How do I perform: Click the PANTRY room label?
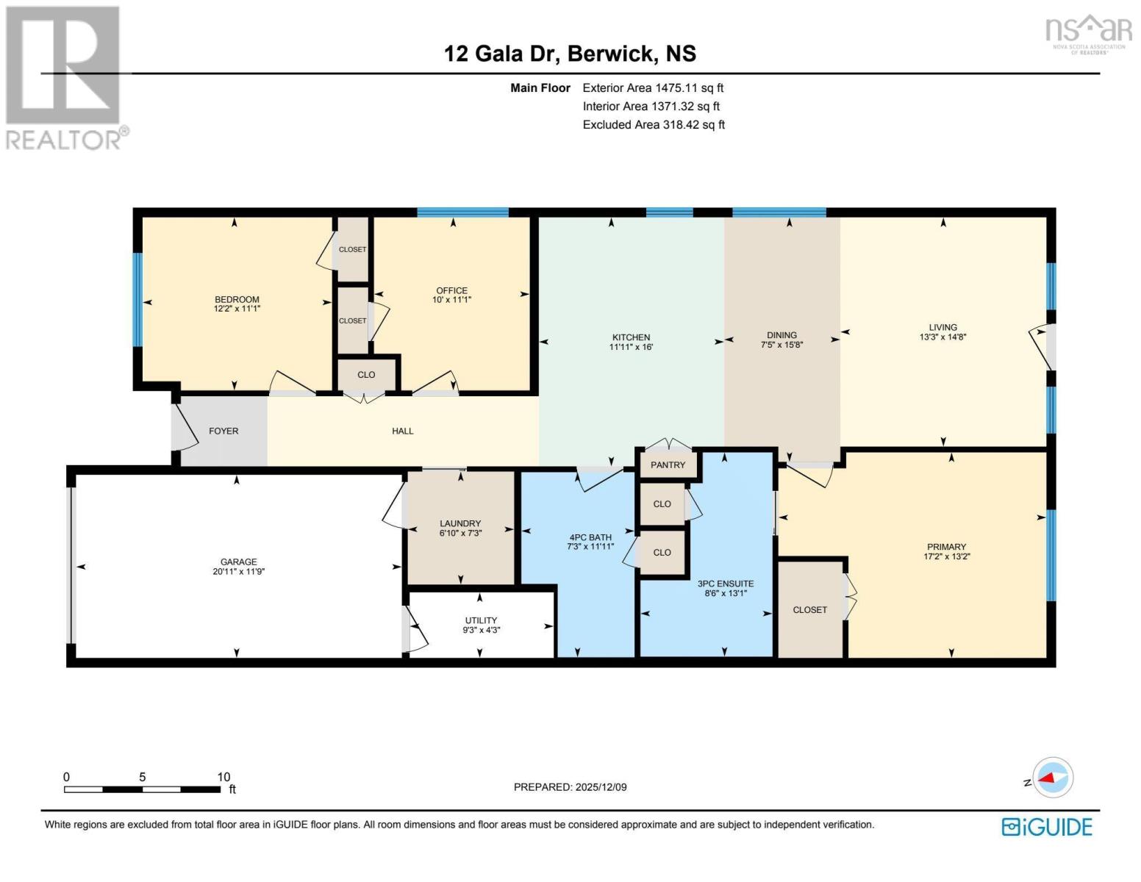[x=668, y=465]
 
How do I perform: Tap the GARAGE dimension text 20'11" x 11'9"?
[x=238, y=571]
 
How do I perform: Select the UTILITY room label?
[x=481, y=620]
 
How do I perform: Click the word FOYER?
[x=223, y=431]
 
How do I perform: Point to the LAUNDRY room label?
[x=460, y=523]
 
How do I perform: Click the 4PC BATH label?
[x=590, y=537]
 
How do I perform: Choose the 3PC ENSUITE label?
[x=725, y=584]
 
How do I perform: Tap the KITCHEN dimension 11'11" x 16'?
[x=631, y=347]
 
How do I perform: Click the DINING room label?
[x=781, y=334]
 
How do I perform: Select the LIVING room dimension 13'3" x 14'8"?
[x=943, y=337]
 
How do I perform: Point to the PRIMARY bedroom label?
[x=946, y=547]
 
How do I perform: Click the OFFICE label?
[x=452, y=290]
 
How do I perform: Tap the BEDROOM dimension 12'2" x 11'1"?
[x=237, y=309]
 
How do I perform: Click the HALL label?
[x=403, y=431]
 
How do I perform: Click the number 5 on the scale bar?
[x=143, y=777]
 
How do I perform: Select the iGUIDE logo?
[x=1046, y=827]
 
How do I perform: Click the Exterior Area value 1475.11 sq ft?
[x=690, y=88]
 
